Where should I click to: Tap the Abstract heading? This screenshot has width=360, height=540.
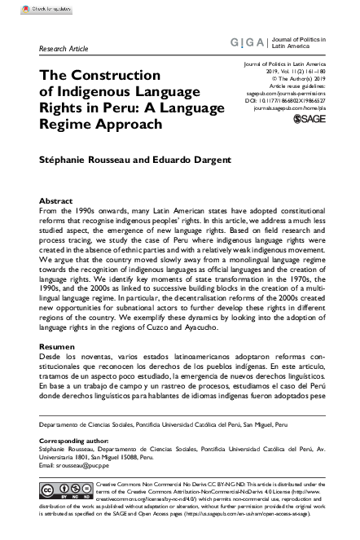(x=55, y=200)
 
